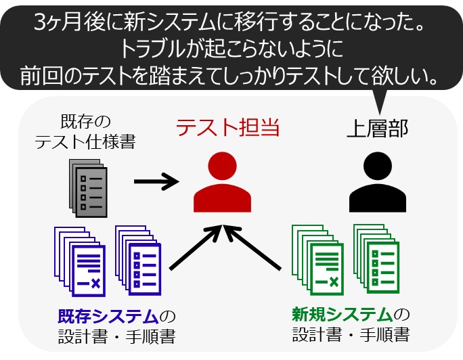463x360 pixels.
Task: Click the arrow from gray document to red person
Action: tap(155, 181)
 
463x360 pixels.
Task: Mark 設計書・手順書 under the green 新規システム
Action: tap(351, 336)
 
